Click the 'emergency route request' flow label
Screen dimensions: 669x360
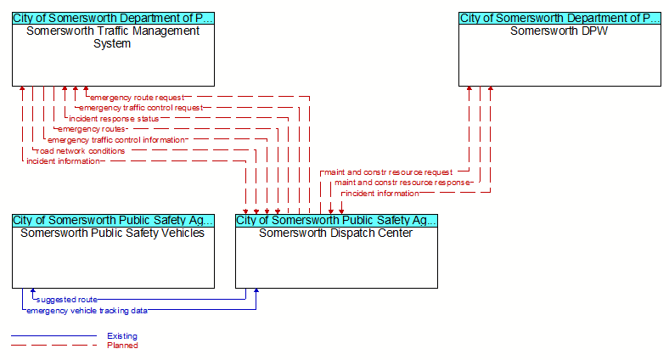click(x=137, y=98)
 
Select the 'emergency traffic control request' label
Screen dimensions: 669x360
click(x=141, y=108)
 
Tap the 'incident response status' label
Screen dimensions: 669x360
click(x=114, y=119)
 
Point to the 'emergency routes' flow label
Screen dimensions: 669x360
click(x=92, y=129)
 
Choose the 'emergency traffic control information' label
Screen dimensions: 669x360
click(x=116, y=140)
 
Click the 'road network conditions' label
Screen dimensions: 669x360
click(x=81, y=151)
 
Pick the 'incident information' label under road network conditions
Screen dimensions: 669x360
click(x=63, y=161)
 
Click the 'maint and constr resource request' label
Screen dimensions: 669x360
click(x=388, y=172)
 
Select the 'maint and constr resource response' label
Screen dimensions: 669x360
click(x=402, y=183)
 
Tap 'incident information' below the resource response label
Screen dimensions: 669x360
click(x=382, y=194)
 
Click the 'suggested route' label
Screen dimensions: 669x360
click(x=67, y=300)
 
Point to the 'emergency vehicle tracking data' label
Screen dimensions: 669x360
click(x=87, y=311)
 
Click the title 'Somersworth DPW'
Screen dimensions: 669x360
click(x=559, y=31)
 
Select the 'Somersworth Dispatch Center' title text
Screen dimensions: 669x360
click(x=336, y=233)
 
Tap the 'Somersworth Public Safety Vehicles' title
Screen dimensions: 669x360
click(x=113, y=233)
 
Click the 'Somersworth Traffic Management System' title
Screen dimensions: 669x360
click(x=113, y=37)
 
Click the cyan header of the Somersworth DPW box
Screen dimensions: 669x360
click(x=559, y=19)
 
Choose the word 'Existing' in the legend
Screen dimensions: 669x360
click(x=122, y=336)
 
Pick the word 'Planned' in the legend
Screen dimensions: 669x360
click(x=122, y=346)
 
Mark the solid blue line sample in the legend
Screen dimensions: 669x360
click(x=54, y=335)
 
